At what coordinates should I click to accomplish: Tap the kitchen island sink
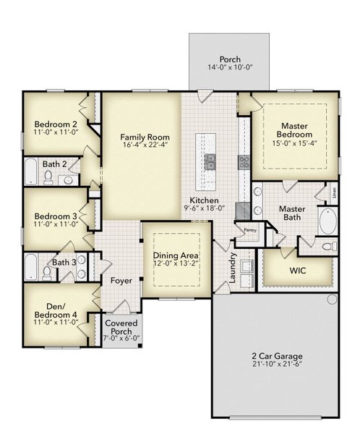point(211,161)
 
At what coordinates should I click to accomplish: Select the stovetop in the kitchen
point(244,161)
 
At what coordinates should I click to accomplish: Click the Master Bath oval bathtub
point(327,221)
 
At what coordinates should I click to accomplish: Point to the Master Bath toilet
point(327,247)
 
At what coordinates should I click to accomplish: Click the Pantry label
point(249,230)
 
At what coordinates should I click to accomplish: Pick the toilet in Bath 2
point(48,178)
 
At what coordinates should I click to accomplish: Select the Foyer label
point(120,281)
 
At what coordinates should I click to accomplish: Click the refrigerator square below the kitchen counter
point(243,210)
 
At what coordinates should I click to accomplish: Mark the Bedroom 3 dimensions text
point(55,225)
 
